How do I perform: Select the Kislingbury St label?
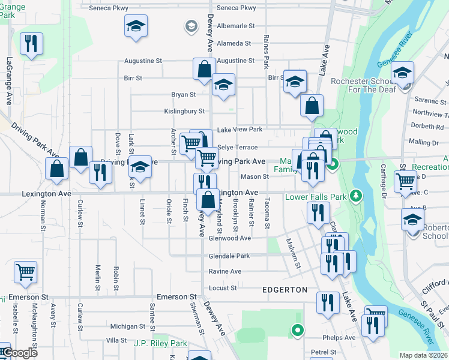point(185,111)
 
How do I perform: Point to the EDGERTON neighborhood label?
point(285,290)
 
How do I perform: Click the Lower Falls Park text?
point(316,196)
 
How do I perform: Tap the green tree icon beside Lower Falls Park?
point(356,195)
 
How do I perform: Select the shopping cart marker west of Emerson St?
point(25,273)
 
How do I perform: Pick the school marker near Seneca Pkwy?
point(136,26)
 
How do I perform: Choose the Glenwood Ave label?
point(229,238)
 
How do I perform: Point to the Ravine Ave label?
point(224,272)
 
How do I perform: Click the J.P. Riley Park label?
point(160,344)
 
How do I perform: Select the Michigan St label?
point(124,326)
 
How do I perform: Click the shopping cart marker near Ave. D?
point(405,181)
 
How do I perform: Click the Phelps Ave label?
point(341,338)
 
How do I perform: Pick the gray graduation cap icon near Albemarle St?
point(191,26)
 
